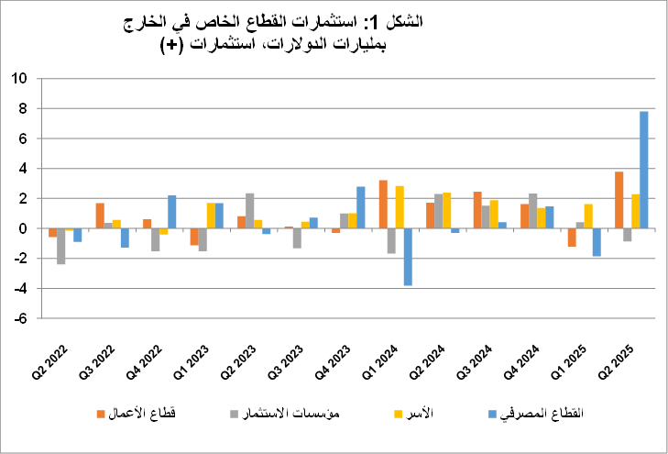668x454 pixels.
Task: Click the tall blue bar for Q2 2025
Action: coord(643,170)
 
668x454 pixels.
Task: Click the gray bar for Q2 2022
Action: coord(61,246)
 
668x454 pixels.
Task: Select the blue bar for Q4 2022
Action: coord(171,212)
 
